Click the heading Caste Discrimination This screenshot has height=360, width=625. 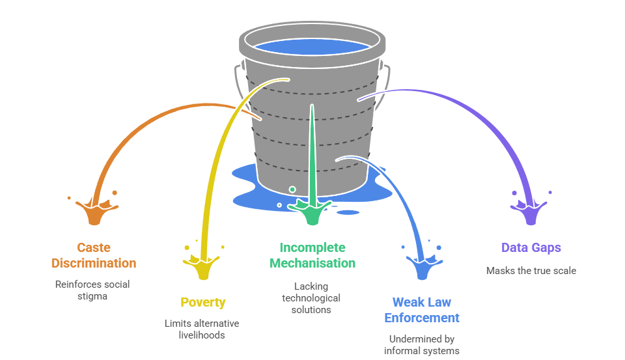(x=94, y=255)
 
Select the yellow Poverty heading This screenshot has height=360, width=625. (x=203, y=302)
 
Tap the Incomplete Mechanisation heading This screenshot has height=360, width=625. (x=312, y=255)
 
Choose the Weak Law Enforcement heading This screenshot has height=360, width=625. (x=422, y=310)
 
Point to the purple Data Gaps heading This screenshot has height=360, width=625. (x=531, y=247)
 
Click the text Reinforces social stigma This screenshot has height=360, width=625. (x=92, y=290)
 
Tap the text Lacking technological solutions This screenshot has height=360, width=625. (x=311, y=298)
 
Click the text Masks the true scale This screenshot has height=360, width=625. (x=531, y=270)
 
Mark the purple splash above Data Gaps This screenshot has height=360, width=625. (x=531, y=212)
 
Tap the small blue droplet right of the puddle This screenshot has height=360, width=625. (x=348, y=212)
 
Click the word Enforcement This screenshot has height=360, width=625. (x=422, y=318)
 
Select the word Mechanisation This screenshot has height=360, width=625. (x=312, y=263)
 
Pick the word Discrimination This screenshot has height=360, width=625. (x=94, y=263)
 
